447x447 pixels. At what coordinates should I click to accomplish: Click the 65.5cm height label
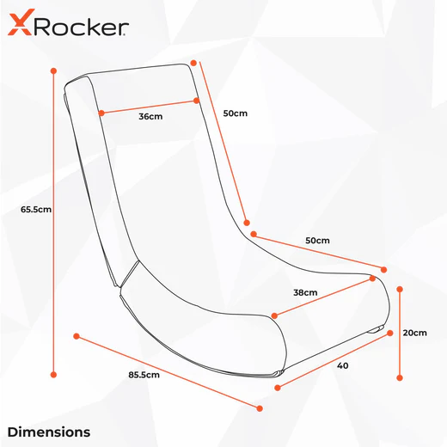(36, 210)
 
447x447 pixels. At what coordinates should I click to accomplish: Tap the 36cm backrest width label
(150, 116)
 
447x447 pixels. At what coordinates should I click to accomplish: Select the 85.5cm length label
(144, 375)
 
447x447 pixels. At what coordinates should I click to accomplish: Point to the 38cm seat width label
(305, 292)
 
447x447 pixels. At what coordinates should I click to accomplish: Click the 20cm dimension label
(415, 333)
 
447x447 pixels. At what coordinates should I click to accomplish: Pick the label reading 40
(343, 365)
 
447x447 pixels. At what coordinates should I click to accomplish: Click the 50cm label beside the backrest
(236, 113)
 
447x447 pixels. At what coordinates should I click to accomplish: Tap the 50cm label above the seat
(317, 240)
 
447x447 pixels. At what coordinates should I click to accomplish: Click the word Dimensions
(49, 432)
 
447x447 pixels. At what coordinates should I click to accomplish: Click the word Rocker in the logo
(81, 27)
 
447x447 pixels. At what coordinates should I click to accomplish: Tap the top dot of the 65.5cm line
(53, 70)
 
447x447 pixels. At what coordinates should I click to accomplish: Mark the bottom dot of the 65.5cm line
(53, 375)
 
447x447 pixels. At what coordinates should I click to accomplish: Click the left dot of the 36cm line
(101, 113)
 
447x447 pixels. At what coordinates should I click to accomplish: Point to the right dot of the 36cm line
(196, 101)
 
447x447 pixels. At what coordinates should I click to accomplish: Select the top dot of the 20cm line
(400, 289)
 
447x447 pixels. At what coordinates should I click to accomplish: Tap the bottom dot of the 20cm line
(400, 378)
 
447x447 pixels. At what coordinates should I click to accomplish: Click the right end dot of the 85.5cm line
(260, 408)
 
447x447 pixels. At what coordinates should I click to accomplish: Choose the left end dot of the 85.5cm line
(77, 336)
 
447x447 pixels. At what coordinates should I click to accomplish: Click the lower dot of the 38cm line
(274, 315)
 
